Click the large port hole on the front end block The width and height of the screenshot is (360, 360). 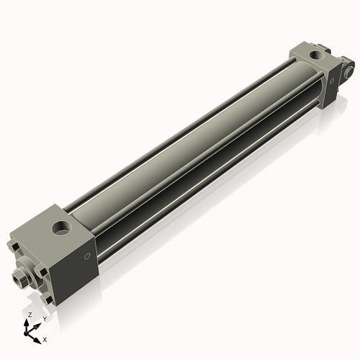click(x=61, y=228)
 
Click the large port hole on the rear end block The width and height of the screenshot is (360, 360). click(x=317, y=55)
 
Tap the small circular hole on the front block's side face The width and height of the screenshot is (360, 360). click(x=87, y=256)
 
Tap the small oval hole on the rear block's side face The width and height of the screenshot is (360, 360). click(x=332, y=81)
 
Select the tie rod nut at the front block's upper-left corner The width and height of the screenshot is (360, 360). click(x=14, y=246)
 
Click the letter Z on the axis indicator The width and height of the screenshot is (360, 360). click(x=30, y=315)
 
